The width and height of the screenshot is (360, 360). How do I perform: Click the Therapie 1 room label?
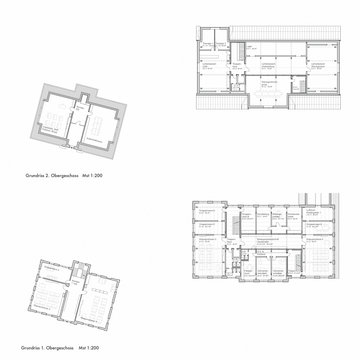[x=207, y=43]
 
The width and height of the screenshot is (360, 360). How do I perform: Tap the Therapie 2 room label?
[x=220, y=43]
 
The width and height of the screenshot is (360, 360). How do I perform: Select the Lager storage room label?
[x=249, y=46]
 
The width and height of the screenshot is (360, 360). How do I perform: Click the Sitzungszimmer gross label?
[x=269, y=83]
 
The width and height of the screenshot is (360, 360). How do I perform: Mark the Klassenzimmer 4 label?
[x=89, y=319]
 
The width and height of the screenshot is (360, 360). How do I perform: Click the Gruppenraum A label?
[x=207, y=210]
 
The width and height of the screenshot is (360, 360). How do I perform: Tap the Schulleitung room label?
[x=263, y=214]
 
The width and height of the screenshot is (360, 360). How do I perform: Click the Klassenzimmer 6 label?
[x=315, y=239]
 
